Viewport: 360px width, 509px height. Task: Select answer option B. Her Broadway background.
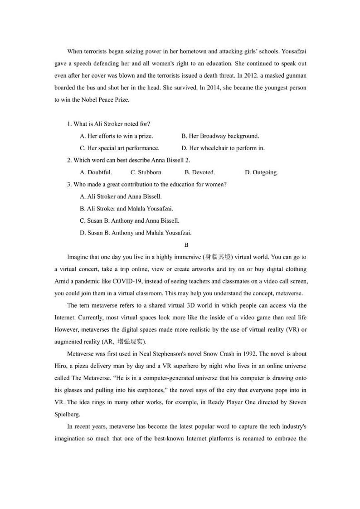pos(220,136)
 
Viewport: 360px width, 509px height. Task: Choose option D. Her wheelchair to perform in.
pos(223,148)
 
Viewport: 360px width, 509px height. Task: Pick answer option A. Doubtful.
pos(96,172)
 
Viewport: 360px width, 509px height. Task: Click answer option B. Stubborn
pos(146,172)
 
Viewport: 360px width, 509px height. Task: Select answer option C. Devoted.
pos(199,172)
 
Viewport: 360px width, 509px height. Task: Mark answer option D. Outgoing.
pos(261,172)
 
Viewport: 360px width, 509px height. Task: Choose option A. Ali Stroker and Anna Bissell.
pos(121,196)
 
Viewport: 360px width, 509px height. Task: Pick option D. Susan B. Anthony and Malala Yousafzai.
pos(136,233)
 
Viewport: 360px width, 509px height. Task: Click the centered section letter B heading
pos(180,245)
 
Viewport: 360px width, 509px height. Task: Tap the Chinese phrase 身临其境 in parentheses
pos(218,257)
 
